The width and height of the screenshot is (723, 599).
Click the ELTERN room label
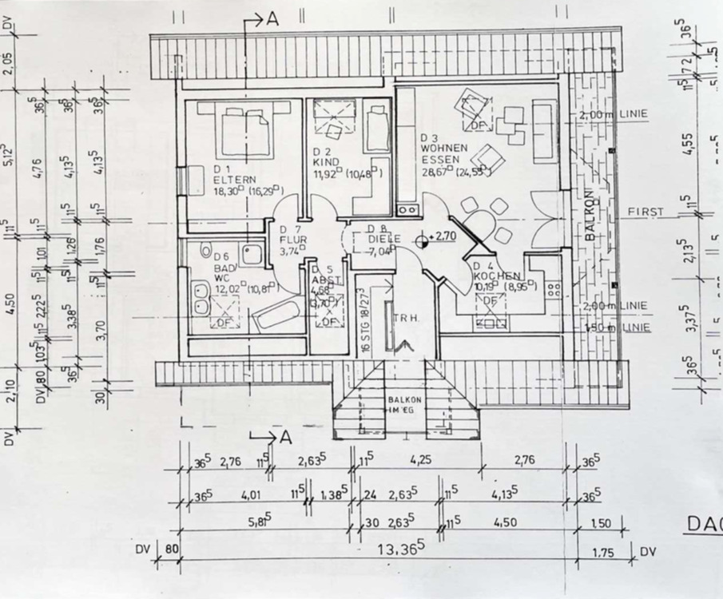[x=230, y=180]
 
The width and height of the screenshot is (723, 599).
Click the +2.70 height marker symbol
[x=423, y=237]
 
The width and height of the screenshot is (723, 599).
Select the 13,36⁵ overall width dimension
[x=400, y=550]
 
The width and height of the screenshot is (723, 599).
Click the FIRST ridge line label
[x=646, y=212]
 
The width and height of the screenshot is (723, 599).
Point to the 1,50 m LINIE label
[x=628, y=328]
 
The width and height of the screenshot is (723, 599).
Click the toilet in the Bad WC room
[x=207, y=249]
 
